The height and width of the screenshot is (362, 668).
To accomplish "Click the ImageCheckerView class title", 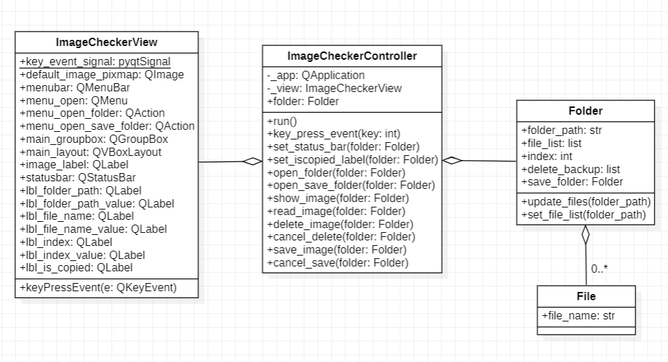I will (x=106, y=43).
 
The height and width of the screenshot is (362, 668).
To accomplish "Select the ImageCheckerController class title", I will (x=352, y=56).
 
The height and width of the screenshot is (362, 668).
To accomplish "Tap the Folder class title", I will (x=585, y=111).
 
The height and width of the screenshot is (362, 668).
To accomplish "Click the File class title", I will (x=586, y=297).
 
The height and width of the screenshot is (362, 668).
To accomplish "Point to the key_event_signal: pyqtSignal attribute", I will (x=95, y=62).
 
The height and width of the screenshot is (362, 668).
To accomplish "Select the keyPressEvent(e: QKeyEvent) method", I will (x=98, y=287).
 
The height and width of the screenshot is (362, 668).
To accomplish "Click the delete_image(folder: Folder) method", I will (x=340, y=224).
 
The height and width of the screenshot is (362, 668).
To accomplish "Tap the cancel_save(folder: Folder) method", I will (x=337, y=262).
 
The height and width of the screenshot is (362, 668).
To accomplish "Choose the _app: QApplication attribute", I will (x=316, y=76).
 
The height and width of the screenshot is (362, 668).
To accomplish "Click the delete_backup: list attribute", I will (x=571, y=169).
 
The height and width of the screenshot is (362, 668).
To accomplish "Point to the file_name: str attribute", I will (x=578, y=316).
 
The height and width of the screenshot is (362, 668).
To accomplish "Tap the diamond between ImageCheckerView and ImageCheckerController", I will (x=252, y=161).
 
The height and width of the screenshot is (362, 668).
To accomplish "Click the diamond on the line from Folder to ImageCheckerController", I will (x=452, y=161).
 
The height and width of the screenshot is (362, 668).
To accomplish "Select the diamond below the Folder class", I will (x=586, y=235).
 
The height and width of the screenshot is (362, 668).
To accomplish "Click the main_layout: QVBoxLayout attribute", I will (x=91, y=152).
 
